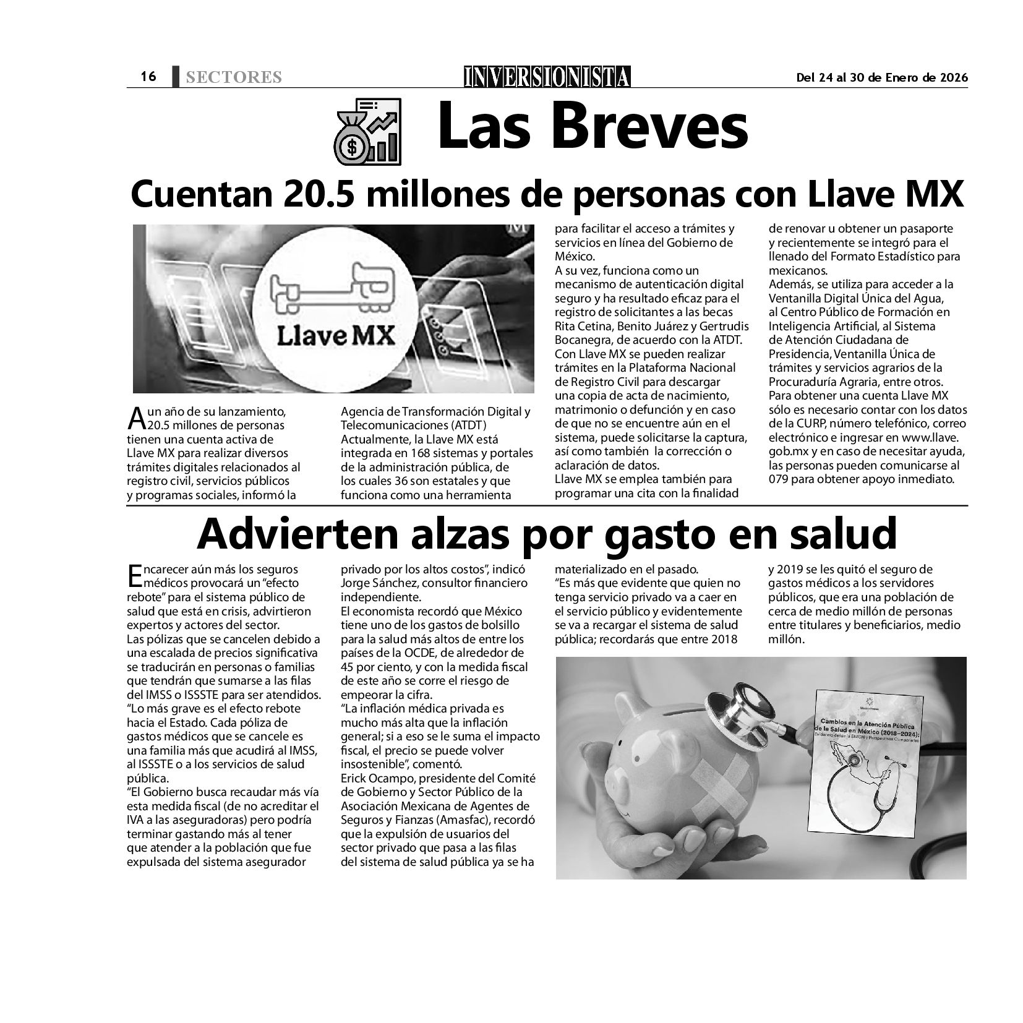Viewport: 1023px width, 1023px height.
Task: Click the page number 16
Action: [x=148, y=76]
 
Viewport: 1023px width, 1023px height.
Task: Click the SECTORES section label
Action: [x=233, y=77]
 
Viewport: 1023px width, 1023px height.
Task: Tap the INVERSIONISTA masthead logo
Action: [x=547, y=76]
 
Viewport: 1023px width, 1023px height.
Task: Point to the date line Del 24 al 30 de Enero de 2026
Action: [x=882, y=77]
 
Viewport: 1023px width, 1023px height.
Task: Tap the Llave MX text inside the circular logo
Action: [x=336, y=336]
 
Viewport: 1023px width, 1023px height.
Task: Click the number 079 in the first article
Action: [x=779, y=479]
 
